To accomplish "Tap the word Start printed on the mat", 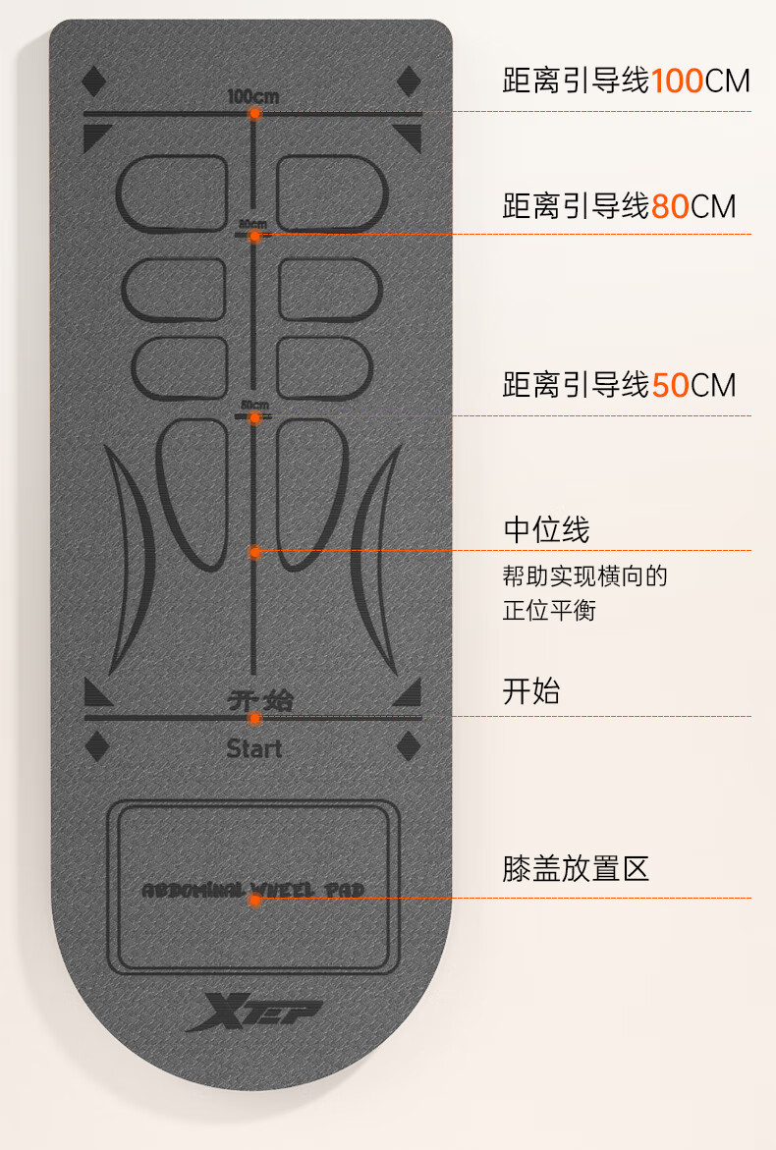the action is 253,748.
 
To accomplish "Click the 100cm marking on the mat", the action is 253,96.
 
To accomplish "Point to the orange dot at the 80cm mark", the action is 254,236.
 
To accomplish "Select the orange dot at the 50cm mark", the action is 254,417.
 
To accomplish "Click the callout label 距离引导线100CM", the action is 626,81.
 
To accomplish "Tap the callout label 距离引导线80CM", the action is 619,206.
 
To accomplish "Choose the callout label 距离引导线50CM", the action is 619,385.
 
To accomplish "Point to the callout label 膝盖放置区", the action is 576,868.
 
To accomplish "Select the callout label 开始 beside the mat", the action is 530,691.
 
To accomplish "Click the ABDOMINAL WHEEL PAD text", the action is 253,890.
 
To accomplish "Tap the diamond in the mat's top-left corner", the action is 93,81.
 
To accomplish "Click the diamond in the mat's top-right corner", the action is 409,81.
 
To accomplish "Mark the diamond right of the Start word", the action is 408,747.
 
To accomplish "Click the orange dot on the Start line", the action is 254,718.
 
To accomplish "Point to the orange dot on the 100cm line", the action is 254,114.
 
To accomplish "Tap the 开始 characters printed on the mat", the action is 259,700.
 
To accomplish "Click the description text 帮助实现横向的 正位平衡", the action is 584,593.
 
